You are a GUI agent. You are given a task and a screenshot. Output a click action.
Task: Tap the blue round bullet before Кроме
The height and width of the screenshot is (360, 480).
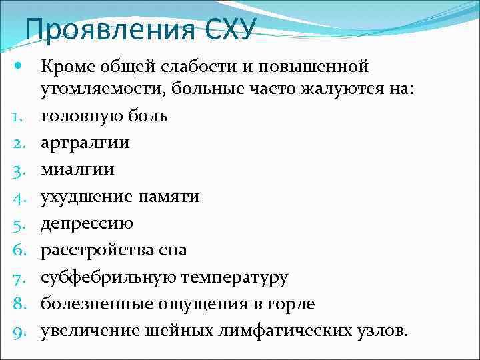tap(18, 66)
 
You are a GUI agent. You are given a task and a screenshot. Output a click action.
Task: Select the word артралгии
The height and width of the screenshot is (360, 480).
tap(85, 143)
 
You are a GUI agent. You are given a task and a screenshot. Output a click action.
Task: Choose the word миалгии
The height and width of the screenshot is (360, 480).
tap(77, 170)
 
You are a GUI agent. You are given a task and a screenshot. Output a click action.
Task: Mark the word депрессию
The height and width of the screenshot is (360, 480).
tap(87, 223)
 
